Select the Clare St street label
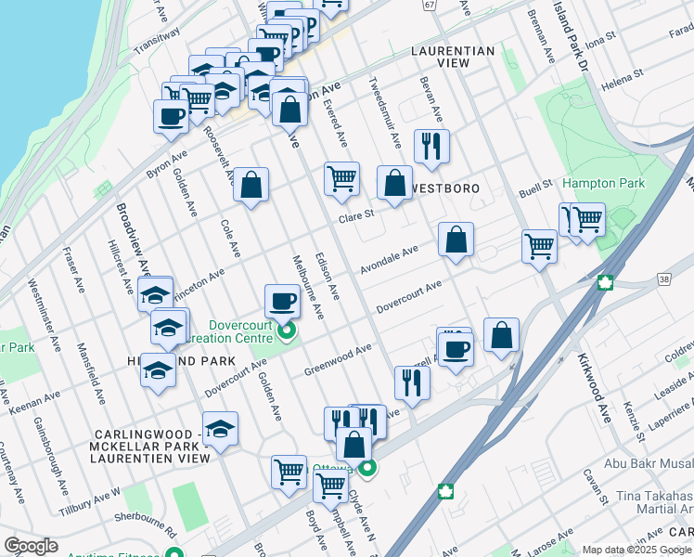click(355, 215)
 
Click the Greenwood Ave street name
click(338, 360)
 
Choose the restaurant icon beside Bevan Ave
click(431, 145)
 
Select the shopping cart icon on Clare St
click(341, 177)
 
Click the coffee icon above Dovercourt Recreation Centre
click(282, 300)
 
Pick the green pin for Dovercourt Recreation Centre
click(287, 330)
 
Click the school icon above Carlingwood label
click(220, 429)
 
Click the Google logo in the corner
click(31, 546)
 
